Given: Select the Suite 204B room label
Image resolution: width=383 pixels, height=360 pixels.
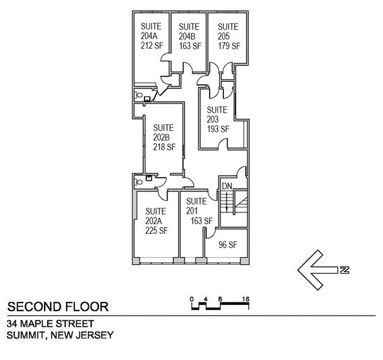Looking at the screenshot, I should (189, 36).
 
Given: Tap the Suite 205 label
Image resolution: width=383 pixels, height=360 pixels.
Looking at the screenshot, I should (228, 36).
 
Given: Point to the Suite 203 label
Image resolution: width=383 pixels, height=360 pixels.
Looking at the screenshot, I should (218, 119).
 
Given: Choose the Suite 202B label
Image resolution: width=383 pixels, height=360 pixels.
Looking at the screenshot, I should (163, 137).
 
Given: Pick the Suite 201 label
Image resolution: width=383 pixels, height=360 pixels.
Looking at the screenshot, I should (199, 211).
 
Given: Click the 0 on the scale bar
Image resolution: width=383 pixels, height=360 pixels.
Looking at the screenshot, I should (191, 299).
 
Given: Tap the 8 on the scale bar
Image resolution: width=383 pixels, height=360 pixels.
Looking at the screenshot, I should (218, 299).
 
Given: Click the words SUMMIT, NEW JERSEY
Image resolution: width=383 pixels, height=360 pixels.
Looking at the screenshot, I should (59, 335).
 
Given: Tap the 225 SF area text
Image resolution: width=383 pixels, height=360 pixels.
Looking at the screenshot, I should (156, 231).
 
